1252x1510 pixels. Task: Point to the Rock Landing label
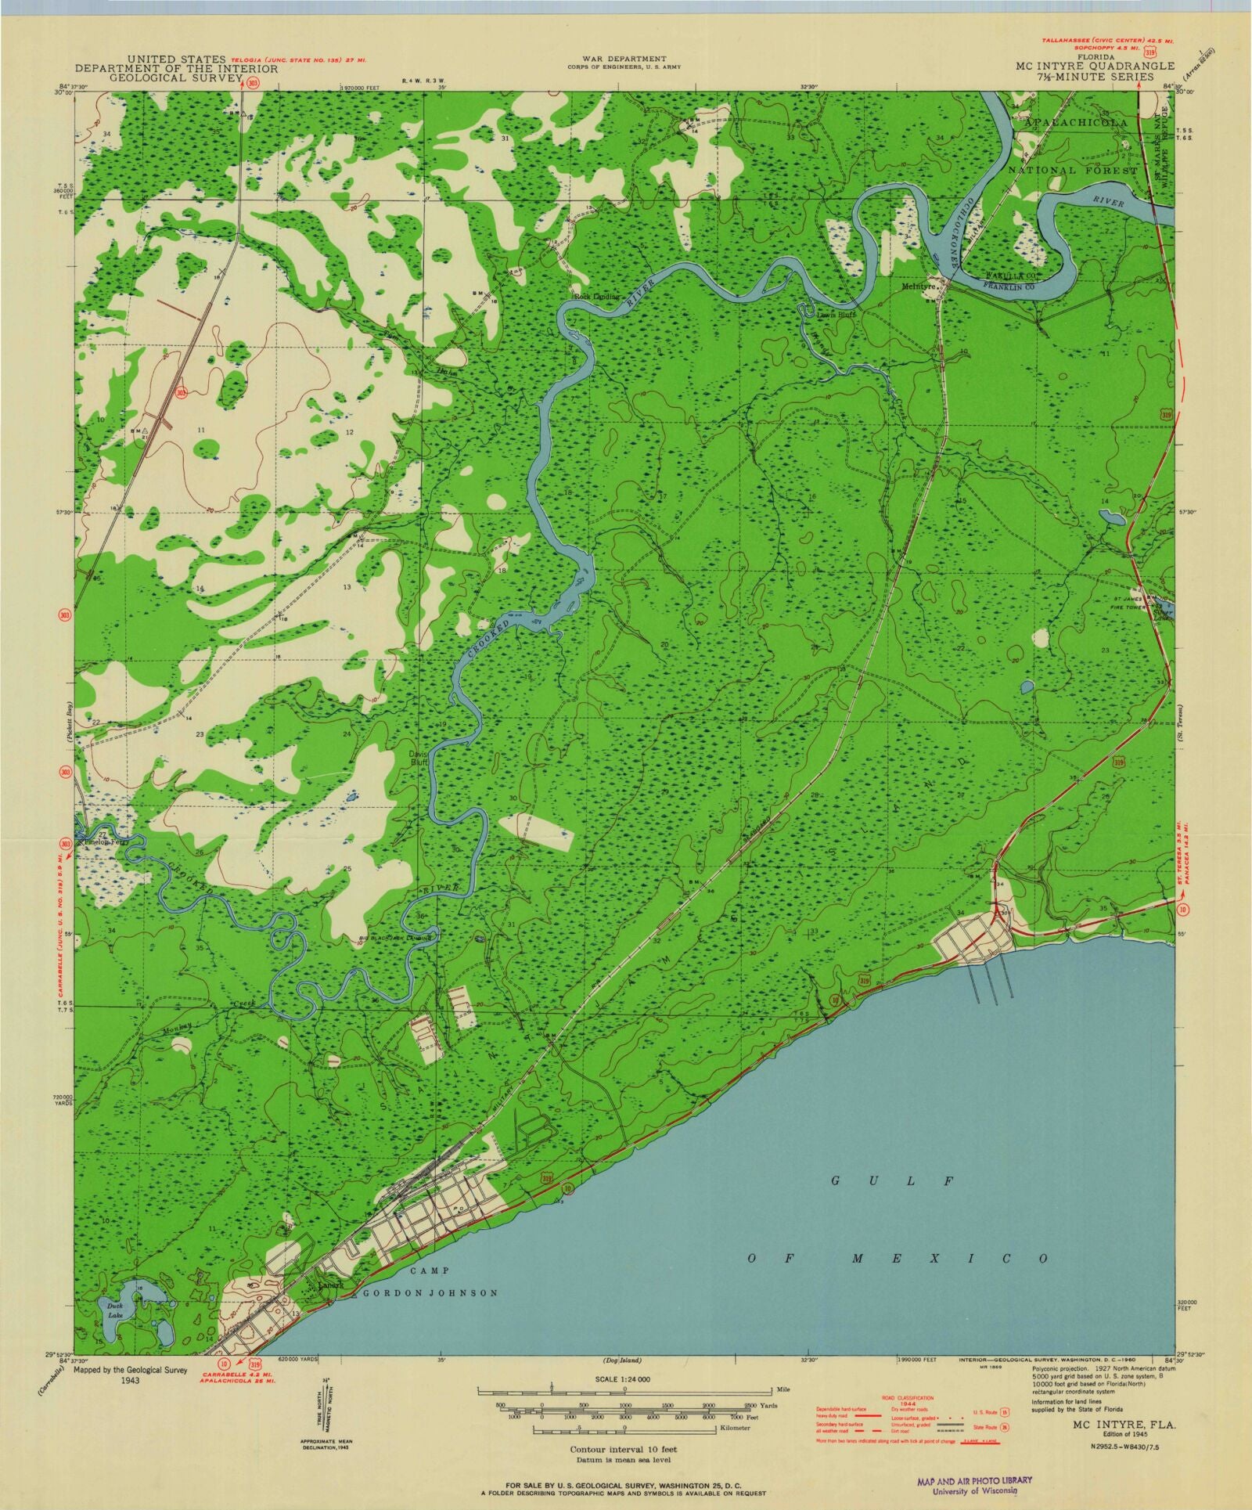pyautogui.click(x=596, y=297)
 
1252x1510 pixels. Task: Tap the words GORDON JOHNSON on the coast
pyautogui.click(x=428, y=1293)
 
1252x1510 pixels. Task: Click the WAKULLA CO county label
pyautogui.click(x=989, y=277)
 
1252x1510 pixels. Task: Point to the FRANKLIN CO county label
pyautogui.click(x=991, y=287)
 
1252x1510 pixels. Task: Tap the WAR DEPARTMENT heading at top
pyautogui.click(x=624, y=59)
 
